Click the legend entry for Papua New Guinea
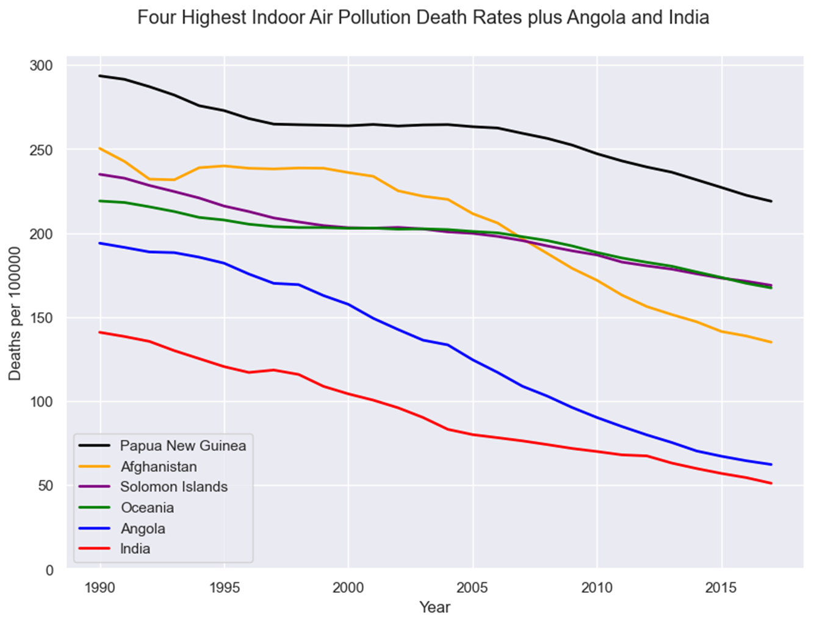[182, 446]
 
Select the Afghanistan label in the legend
[159, 467]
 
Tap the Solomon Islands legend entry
[174, 487]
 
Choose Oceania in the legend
[147, 507]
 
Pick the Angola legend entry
[143, 528]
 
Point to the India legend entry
[135, 548]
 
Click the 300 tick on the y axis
[41, 65]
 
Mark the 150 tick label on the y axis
[41, 318]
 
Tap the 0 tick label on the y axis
[49, 570]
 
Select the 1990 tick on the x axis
[100, 587]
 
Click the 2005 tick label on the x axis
[472, 587]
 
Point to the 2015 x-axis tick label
[721, 587]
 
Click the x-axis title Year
[434, 607]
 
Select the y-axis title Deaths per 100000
[15, 314]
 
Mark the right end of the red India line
[771, 484]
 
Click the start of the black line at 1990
[100, 76]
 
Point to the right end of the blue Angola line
[771, 465]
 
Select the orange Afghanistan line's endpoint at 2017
[771, 342]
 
